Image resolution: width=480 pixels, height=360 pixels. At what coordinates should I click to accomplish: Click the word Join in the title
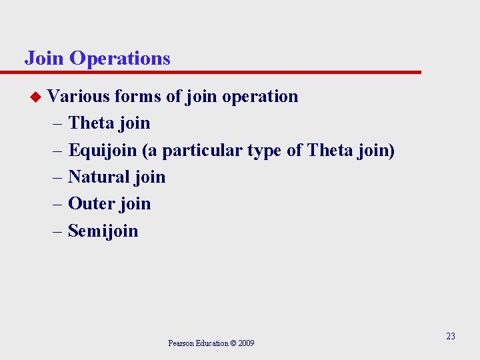(x=44, y=59)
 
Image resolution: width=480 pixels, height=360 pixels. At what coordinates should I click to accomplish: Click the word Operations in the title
(x=119, y=59)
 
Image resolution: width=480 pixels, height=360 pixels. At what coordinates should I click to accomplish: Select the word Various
(x=79, y=97)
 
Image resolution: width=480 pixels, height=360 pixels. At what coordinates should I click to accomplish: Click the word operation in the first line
(x=260, y=97)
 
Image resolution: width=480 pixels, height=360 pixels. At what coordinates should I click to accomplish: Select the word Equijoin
(x=103, y=151)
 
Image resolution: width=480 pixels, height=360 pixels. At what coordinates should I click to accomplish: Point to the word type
(x=265, y=151)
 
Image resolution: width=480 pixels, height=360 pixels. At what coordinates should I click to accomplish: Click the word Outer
(x=91, y=204)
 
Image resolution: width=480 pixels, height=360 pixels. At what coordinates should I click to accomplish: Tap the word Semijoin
(x=103, y=231)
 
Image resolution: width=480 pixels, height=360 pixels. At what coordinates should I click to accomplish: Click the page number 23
(x=451, y=337)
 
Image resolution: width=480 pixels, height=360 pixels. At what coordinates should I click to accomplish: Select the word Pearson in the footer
(x=181, y=343)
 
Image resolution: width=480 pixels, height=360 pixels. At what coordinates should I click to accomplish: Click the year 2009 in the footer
(x=245, y=343)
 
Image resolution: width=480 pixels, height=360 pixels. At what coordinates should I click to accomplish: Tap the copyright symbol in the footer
(x=233, y=343)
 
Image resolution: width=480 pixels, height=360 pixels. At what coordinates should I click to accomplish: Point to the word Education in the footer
(x=211, y=343)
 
